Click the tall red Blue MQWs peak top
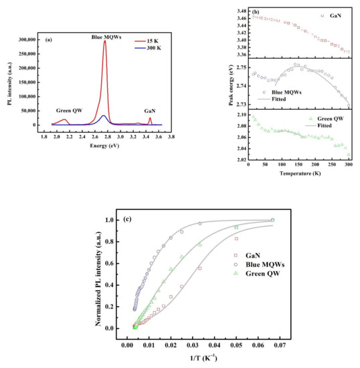coord(104,41)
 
